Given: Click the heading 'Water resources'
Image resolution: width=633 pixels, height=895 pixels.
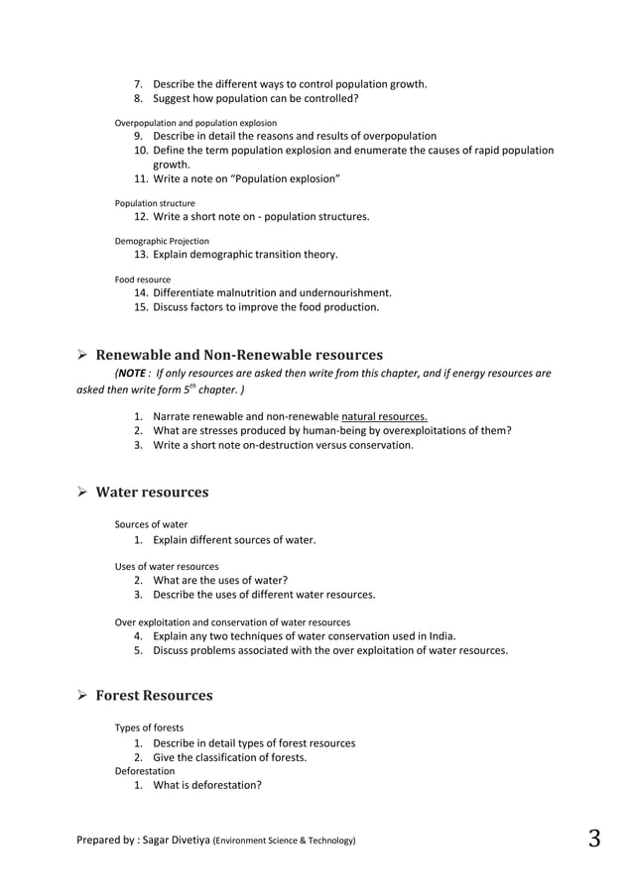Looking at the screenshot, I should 152,493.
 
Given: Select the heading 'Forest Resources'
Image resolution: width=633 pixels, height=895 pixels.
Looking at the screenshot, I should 154,696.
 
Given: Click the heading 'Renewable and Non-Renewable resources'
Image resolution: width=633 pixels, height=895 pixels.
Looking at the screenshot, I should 239,355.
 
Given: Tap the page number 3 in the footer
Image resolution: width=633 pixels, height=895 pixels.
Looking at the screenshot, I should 593,839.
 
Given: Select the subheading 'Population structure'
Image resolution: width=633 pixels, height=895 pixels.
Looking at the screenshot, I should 155,203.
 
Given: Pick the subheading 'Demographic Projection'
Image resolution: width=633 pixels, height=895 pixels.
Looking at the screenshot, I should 162,241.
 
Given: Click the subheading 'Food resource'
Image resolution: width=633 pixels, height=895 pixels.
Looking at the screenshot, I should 143,280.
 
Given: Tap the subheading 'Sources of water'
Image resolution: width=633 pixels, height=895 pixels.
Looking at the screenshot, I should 151,524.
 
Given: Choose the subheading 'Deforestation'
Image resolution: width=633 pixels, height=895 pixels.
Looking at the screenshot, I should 145,770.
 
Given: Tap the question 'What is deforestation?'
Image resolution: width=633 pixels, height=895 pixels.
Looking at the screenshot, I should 207,785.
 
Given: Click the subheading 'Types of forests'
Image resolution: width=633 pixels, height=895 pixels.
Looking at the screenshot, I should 149,727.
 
